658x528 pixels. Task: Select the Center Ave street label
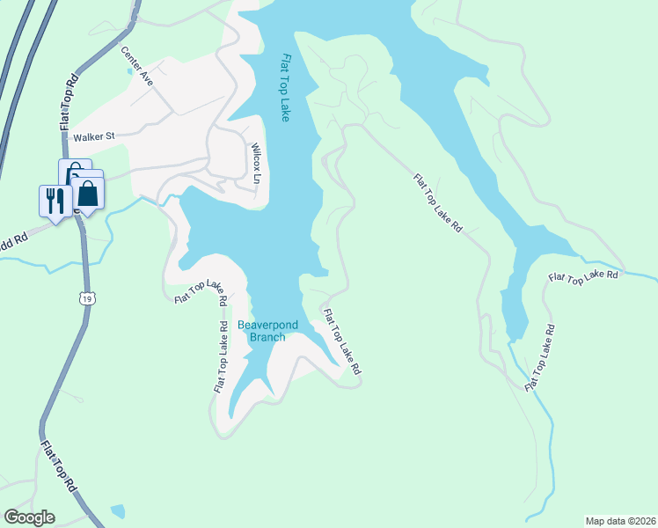(137, 66)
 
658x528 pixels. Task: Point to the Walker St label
(95, 136)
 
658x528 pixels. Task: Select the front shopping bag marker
(89, 191)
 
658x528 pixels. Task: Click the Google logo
(29, 517)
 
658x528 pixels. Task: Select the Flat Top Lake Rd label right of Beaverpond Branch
(342, 342)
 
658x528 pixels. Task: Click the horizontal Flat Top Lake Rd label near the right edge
(583, 276)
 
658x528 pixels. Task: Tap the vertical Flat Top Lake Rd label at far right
(540, 358)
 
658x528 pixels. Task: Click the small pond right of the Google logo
(118, 510)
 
